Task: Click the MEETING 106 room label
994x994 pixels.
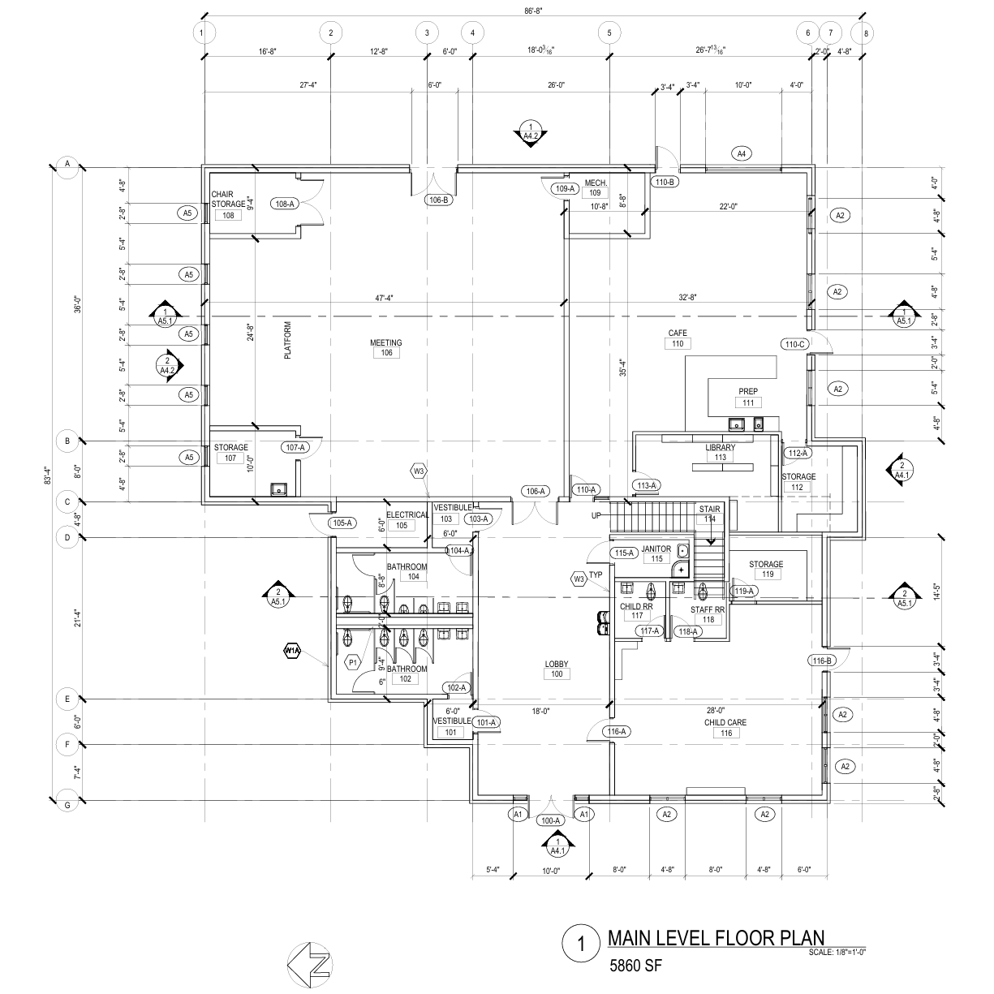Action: coord(386,347)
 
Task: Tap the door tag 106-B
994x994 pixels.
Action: coord(438,199)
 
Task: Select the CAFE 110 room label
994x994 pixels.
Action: coord(678,338)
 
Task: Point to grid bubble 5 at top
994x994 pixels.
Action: coord(609,33)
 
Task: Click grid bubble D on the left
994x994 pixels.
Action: coord(67,536)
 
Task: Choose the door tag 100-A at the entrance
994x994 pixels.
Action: coord(551,820)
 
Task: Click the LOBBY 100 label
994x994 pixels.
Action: coord(557,669)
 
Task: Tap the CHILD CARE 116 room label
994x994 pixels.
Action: coord(725,728)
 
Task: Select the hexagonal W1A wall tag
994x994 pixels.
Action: coord(292,650)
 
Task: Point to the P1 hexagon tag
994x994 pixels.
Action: coord(353,662)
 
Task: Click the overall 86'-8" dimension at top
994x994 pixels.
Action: coord(534,11)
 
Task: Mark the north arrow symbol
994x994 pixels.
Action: coord(309,965)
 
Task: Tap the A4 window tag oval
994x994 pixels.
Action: coord(741,153)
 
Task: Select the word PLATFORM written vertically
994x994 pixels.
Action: coord(287,341)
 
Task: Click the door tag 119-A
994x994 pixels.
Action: coord(744,592)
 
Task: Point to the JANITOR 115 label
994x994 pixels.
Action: coord(656,553)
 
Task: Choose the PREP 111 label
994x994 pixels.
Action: coord(748,397)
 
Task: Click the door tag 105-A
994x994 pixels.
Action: coord(342,523)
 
